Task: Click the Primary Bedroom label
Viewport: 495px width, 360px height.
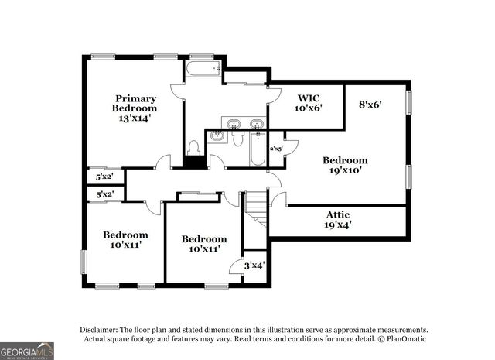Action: (x=136, y=103)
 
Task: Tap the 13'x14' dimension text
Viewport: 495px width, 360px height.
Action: (x=135, y=118)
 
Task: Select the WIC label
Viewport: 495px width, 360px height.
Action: (x=309, y=98)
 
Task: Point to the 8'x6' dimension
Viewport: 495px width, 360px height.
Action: (x=371, y=103)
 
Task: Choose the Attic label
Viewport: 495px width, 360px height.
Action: (x=337, y=214)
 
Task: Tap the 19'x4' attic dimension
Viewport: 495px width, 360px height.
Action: (x=337, y=225)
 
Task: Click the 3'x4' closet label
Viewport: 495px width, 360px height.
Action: (x=254, y=265)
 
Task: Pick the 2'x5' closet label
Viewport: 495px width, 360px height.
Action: (x=276, y=148)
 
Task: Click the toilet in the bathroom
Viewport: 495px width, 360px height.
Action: (x=194, y=146)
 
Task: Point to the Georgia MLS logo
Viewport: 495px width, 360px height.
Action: (x=27, y=350)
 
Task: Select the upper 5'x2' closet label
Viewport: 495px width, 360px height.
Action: (x=104, y=177)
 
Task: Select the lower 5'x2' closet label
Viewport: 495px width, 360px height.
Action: (x=104, y=194)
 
